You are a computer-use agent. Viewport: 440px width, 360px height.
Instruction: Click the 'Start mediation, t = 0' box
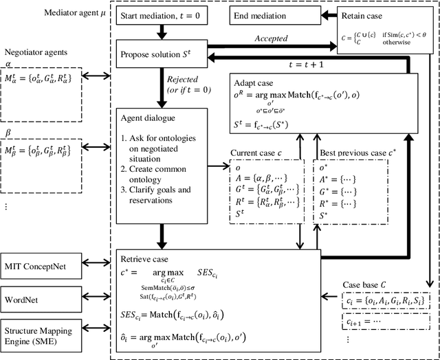(x=164, y=15)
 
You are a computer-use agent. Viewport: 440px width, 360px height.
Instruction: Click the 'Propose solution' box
(x=164, y=53)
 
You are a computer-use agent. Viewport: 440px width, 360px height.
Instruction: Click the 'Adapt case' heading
(x=253, y=81)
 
